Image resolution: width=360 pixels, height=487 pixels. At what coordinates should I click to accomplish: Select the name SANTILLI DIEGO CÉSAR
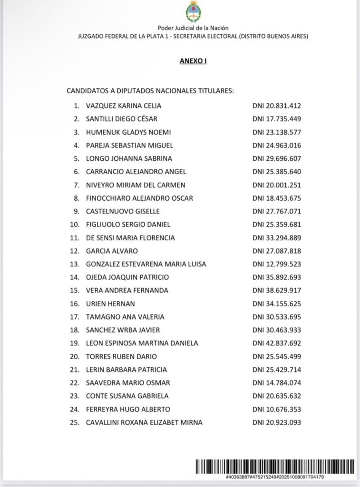point(121,119)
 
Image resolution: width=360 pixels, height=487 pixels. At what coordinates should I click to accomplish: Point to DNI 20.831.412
point(277,106)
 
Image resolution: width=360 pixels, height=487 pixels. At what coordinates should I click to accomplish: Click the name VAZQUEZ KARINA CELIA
point(124,106)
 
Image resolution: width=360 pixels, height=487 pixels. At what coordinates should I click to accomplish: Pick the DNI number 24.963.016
point(277,145)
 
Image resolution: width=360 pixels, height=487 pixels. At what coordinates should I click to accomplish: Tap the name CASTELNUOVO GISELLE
point(123,211)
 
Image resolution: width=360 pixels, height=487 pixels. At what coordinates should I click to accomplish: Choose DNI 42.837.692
point(277,343)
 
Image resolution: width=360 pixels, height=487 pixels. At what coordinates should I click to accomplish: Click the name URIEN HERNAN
point(110,303)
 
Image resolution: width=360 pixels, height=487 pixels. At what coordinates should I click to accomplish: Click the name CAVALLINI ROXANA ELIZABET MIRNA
point(144,422)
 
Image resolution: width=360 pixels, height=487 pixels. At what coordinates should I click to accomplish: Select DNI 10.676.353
point(277,409)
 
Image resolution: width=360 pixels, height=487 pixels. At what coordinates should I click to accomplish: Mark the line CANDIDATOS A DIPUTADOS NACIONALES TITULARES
point(150,90)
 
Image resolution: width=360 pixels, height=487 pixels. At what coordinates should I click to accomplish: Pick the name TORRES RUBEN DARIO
point(121,356)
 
